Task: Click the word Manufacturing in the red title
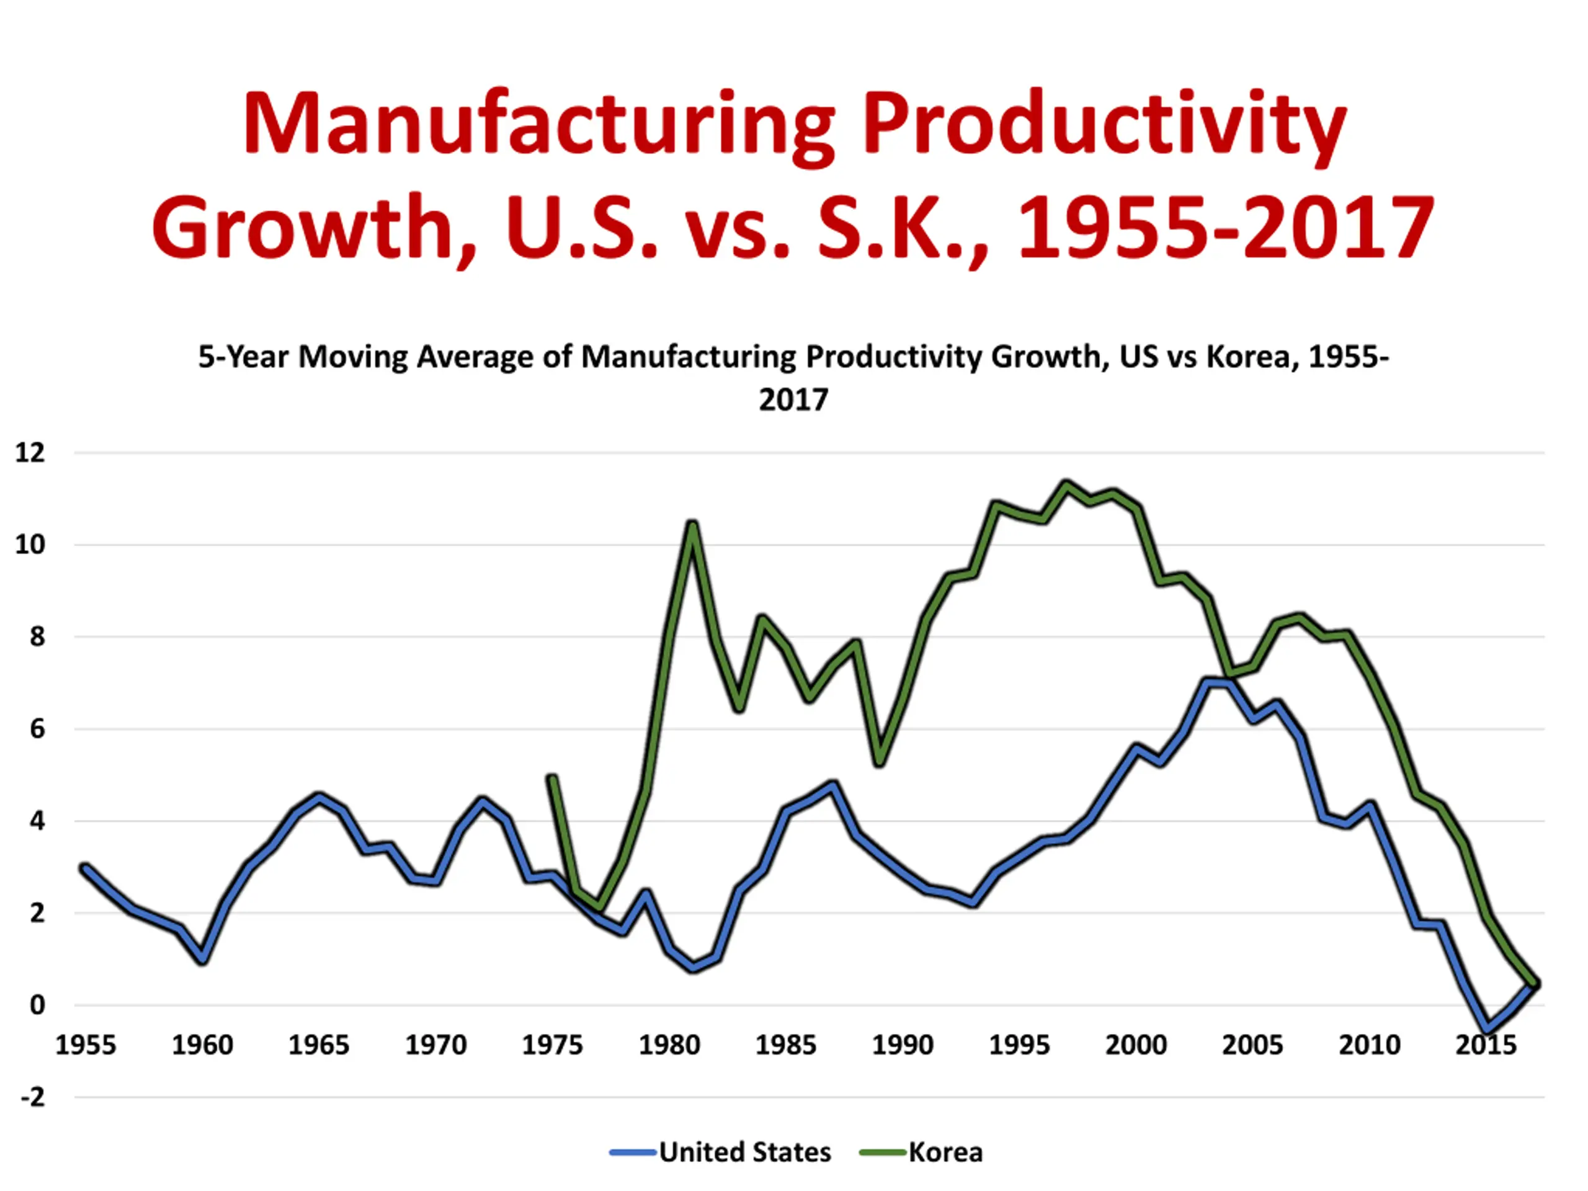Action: pos(538,123)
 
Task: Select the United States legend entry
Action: pos(744,1153)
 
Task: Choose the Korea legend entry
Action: pos(945,1153)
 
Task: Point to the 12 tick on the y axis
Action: pos(30,452)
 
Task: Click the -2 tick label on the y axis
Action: pos(32,1097)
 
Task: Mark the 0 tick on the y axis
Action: pos(37,1005)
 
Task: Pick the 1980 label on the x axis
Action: pos(669,1045)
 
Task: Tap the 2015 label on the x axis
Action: pos(1486,1045)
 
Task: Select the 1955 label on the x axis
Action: pos(86,1045)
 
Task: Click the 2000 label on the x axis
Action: pos(1136,1045)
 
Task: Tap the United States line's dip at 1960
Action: pos(203,960)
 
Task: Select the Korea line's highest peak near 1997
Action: pos(1066,484)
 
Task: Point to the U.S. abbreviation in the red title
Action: pos(581,228)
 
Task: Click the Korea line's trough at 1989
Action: pos(880,762)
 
